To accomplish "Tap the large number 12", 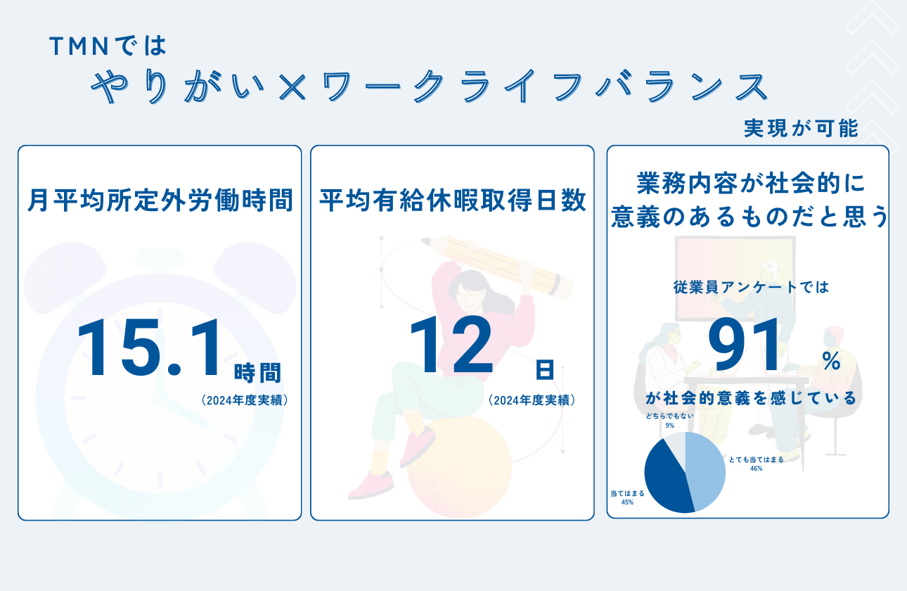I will (451, 347).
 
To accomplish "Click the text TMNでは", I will (108, 46).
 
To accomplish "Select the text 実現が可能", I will (801, 129).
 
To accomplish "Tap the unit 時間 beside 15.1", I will (257, 372).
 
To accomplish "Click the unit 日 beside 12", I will (543, 369).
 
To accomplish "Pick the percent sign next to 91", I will (831, 361).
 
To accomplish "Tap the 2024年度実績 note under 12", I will (532, 400).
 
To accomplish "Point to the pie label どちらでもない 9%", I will (669, 421).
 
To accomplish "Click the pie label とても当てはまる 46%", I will (756, 464).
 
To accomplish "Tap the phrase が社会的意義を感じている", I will (751, 398).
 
